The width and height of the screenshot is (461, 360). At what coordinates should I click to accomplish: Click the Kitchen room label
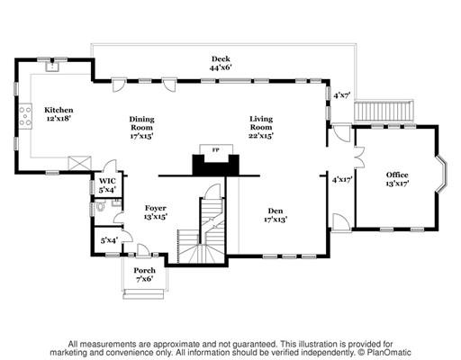[59, 110]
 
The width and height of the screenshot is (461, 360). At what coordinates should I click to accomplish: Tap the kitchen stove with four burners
[25, 116]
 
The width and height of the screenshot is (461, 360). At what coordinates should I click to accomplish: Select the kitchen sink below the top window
[52, 67]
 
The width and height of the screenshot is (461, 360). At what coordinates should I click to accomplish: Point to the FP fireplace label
[215, 150]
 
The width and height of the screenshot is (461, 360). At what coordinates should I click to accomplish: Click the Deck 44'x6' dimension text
[221, 67]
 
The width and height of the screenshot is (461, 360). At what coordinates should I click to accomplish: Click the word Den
[276, 211]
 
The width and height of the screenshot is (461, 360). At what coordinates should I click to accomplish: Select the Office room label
[397, 175]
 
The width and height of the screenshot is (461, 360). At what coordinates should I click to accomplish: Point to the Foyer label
[156, 208]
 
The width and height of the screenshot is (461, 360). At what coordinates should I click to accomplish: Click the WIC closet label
[107, 181]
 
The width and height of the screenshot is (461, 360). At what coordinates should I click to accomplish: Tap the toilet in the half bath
[99, 206]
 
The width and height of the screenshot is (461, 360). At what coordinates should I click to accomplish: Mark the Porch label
[145, 270]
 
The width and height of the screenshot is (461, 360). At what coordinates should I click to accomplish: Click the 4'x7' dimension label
[342, 95]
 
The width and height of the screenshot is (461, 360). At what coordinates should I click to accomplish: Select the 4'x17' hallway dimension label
[342, 180]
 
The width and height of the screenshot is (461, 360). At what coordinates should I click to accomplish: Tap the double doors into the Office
[359, 157]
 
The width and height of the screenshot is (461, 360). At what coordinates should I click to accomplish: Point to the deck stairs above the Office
[384, 111]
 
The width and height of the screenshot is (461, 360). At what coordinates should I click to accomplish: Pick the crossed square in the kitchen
[79, 164]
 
